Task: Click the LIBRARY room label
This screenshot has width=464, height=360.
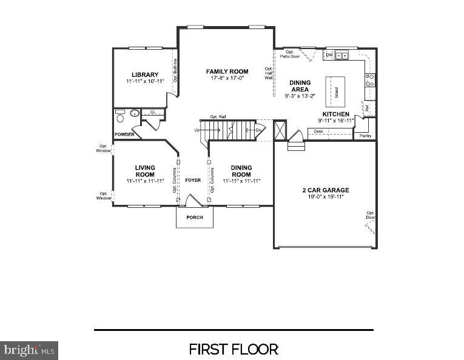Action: pos(145,75)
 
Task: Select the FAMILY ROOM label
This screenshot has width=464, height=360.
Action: pos(227,72)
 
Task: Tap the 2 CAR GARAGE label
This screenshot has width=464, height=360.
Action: pos(326,190)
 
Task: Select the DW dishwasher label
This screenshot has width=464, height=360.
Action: pos(329,55)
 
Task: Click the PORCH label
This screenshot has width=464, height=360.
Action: pos(195,217)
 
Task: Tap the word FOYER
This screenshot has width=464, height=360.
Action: pos(193,180)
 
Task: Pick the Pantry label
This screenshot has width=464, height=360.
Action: pos(365,136)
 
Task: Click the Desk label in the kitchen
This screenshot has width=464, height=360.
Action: pos(318,130)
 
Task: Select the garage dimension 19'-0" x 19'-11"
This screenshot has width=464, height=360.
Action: pos(326,196)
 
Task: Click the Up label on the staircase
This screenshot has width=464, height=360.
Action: pos(197,130)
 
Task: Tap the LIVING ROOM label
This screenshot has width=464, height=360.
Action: pos(145,171)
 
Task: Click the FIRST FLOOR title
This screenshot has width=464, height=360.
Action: pos(234,349)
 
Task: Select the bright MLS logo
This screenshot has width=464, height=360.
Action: pos(29,350)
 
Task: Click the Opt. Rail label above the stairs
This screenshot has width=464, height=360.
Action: pos(218,116)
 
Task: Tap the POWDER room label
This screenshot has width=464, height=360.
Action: pos(124,134)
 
